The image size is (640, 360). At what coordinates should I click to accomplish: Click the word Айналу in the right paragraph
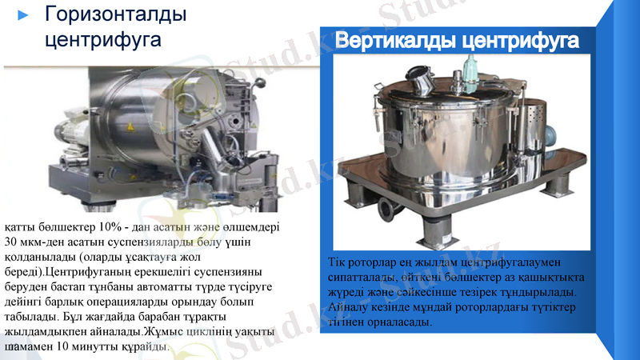348,307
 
